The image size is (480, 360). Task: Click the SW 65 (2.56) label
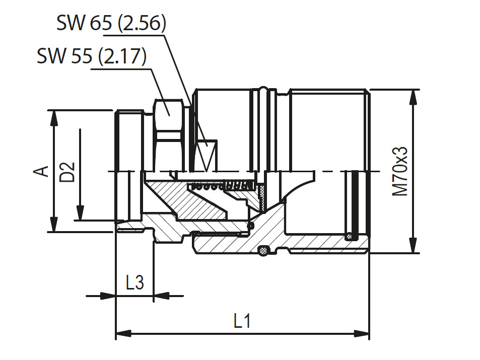[111, 24]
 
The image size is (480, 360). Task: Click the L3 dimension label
[134, 282]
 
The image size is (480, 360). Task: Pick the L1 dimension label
[242, 321]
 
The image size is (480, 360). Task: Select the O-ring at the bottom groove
[263, 250]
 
